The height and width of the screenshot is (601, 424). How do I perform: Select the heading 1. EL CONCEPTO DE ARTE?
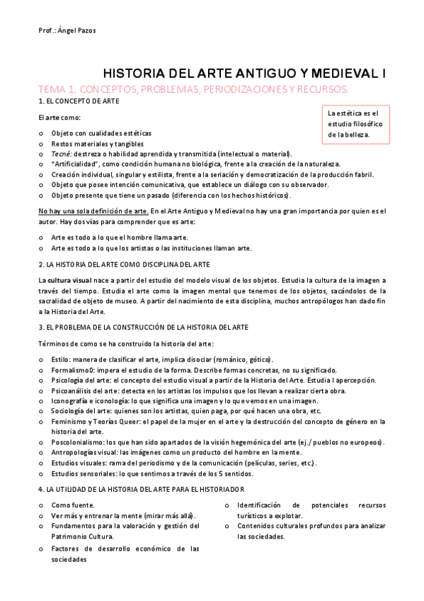79,102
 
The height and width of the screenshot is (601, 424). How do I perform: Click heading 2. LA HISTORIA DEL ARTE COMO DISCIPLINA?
123,264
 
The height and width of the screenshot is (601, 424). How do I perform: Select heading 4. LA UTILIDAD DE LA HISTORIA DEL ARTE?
142,490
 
